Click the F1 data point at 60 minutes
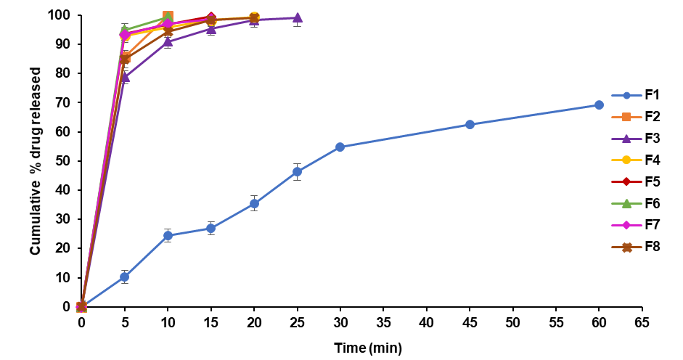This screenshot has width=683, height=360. (x=599, y=105)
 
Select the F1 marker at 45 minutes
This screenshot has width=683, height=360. (x=470, y=124)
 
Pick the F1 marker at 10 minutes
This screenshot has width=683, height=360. (x=168, y=235)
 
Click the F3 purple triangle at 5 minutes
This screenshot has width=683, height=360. (x=125, y=76)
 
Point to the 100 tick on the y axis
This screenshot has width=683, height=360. (x=60, y=15)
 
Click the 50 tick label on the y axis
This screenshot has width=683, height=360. (x=63, y=161)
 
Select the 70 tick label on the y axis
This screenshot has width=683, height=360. (x=63, y=102)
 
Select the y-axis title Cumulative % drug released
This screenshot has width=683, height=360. (x=35, y=160)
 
